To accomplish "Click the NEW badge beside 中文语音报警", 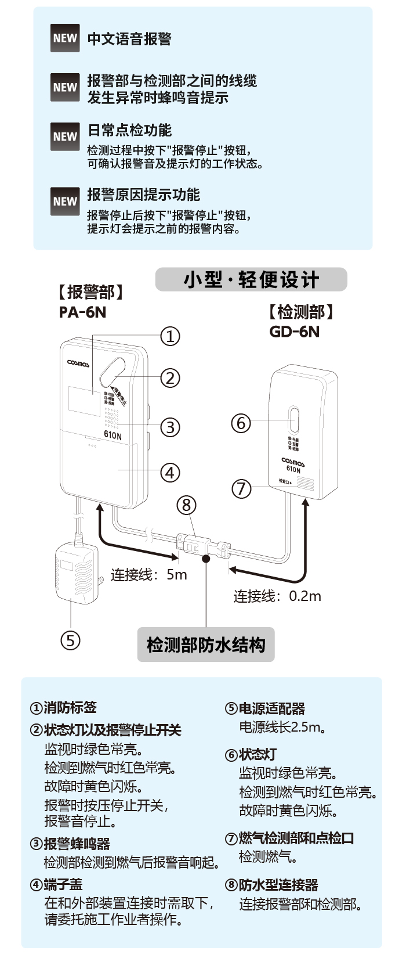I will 65,38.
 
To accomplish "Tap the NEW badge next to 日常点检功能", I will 65,137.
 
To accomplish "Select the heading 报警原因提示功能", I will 143,195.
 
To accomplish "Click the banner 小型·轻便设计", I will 251,279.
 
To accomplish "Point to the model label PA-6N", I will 82,312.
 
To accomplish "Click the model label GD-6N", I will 294,331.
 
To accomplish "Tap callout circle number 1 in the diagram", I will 170,336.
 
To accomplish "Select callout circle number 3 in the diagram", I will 170,427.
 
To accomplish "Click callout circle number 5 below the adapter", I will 70,640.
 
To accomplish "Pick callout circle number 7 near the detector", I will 242,488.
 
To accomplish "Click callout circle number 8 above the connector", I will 186,505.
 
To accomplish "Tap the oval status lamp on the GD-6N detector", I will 294,419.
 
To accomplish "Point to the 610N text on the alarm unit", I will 113,435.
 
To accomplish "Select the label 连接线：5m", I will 149,575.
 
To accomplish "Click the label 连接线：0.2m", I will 277,596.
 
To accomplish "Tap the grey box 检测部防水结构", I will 206,645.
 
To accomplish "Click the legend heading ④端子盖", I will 56,885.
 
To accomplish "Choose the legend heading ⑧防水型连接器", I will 271,885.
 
